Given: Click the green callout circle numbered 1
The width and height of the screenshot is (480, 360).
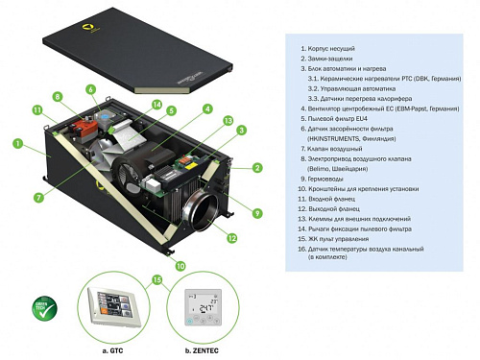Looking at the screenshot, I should [16, 144].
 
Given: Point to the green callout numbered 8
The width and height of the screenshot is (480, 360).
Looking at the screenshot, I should [57, 97].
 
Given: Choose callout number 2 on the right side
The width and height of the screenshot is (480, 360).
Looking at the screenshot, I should [257, 168].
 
